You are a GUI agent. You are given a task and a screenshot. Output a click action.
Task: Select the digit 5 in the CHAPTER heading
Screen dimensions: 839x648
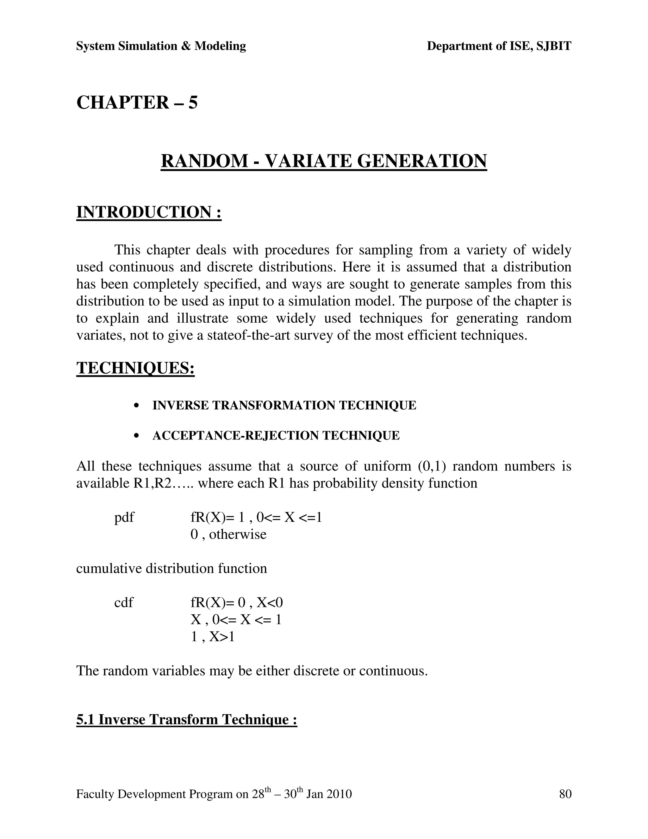coord(193,103)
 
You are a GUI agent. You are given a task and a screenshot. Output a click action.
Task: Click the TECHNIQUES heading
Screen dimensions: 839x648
coord(135,368)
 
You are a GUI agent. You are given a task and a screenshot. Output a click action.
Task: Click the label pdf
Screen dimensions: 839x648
coord(124,517)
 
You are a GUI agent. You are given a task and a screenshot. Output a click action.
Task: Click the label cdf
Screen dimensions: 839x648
coord(124,602)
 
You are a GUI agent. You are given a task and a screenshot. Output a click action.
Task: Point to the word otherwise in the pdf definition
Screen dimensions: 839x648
coord(238,534)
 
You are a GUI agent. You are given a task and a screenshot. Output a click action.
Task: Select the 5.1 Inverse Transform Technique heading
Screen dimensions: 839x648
coord(187,720)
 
